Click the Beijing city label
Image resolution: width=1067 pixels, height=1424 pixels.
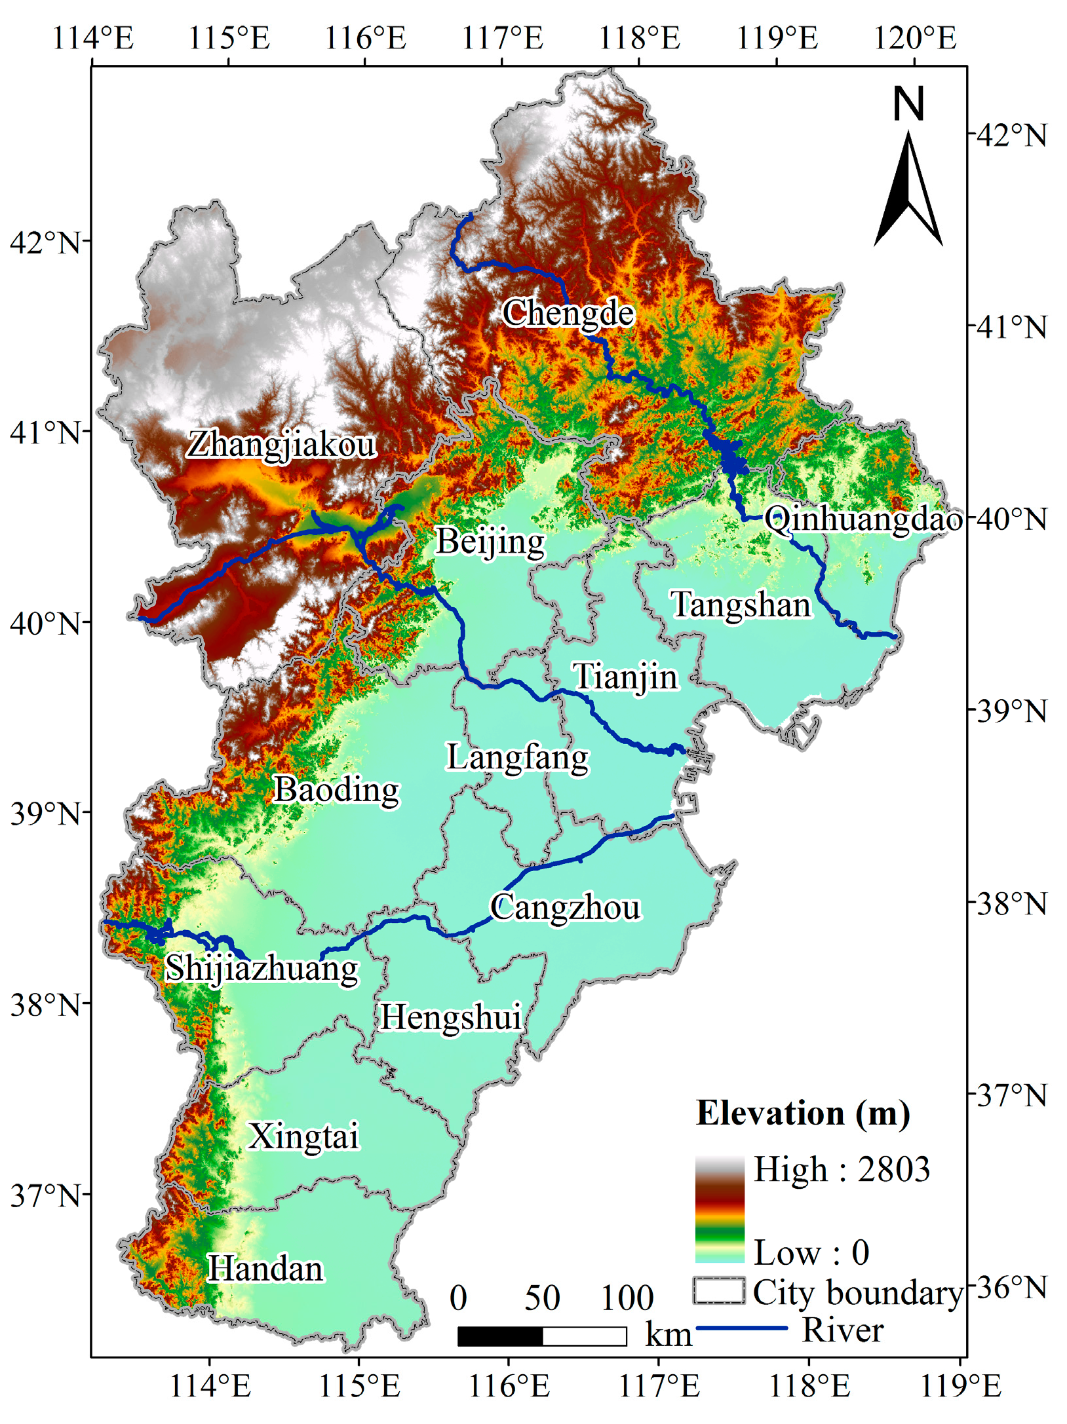pyautogui.click(x=490, y=542)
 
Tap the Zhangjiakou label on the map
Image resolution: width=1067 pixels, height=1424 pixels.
pyautogui.click(x=282, y=445)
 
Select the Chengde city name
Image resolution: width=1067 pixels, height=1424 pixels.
pyautogui.click(x=568, y=313)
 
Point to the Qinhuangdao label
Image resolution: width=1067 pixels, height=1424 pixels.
pyautogui.click(x=863, y=519)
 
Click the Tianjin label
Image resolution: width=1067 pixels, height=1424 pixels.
pyautogui.click(x=625, y=677)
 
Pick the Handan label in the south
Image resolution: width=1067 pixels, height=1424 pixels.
pyautogui.click(x=265, y=1269)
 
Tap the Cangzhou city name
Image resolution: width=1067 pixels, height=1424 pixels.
pyautogui.click(x=565, y=908)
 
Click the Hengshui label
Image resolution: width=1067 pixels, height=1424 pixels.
pyautogui.click(x=451, y=1017)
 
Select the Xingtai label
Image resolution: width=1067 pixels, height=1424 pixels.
pyautogui.click(x=303, y=1136)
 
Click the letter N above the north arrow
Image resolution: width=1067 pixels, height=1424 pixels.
pyautogui.click(x=908, y=104)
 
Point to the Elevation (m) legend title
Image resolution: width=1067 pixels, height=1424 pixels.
pyautogui.click(x=803, y=1114)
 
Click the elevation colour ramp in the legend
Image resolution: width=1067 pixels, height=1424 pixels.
pyautogui.click(x=720, y=1209)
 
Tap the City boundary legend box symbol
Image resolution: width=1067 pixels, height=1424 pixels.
pyautogui.click(x=718, y=1291)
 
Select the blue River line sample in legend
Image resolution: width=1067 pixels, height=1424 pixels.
pyautogui.click(x=741, y=1328)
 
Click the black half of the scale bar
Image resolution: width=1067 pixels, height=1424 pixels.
pyautogui.click(x=500, y=1336)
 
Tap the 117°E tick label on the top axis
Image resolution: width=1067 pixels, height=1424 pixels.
pyautogui.click(x=503, y=38)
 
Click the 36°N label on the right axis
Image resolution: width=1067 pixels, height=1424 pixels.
pyautogui.click(x=1011, y=1288)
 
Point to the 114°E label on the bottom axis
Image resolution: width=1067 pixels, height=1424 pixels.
pyautogui.click(x=210, y=1385)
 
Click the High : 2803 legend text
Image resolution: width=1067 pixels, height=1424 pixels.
pyautogui.click(x=842, y=1170)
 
